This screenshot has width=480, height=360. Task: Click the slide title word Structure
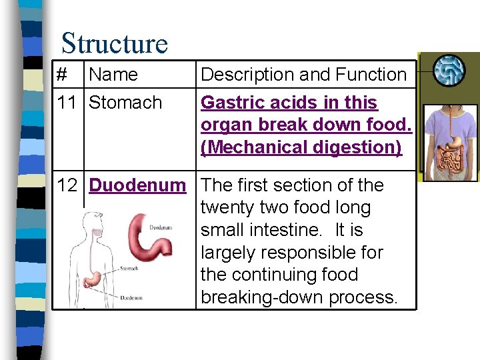pos(114,43)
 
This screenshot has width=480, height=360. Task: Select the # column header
pos(62,75)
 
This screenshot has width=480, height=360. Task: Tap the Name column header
pos(113,75)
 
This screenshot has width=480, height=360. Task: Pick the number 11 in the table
pos(67,103)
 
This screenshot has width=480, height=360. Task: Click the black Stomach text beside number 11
pos(125,103)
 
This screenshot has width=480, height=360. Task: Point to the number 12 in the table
pos(67,185)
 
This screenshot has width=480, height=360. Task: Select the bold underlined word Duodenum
pos(137,185)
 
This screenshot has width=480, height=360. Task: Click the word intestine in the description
pos(294,230)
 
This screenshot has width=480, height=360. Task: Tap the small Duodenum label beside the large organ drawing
pos(161,227)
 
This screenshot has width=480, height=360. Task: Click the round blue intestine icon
pos(449,70)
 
